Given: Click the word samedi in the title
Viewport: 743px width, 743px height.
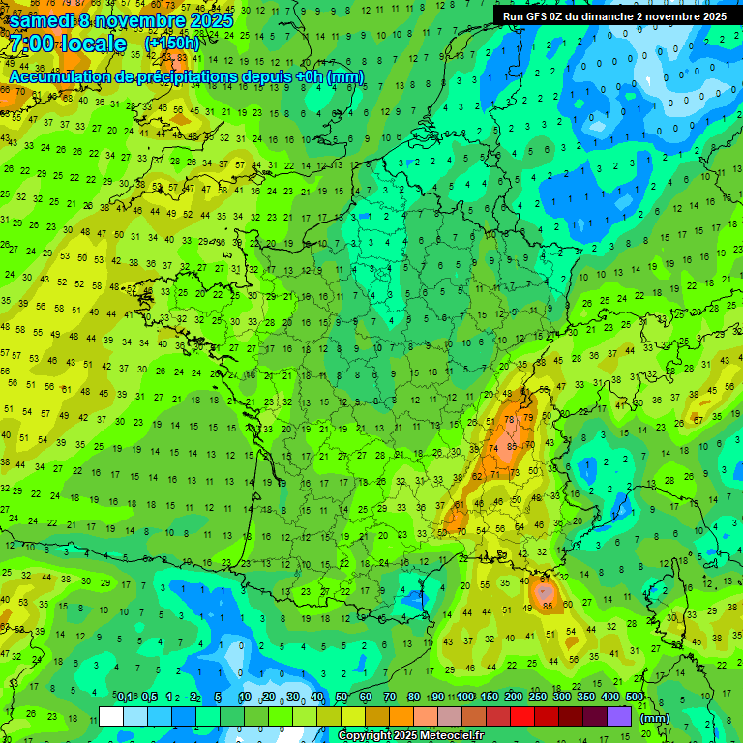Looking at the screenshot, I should point(47,20).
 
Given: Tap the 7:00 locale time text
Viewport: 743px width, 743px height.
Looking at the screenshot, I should point(69,44).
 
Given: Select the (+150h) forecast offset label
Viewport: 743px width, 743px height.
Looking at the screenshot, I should point(172,44).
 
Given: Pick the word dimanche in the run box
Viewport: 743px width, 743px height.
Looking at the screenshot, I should point(612,16).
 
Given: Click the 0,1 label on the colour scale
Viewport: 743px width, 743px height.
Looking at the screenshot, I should point(125,698).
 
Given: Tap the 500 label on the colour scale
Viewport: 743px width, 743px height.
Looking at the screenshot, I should point(635,698).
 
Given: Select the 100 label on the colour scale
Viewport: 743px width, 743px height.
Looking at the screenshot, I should point(465,698).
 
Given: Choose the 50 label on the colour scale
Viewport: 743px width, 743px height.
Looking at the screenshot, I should point(342,698).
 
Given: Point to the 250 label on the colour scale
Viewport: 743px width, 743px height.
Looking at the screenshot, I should point(538,698).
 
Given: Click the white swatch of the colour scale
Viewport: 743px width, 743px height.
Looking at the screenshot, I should point(111,717).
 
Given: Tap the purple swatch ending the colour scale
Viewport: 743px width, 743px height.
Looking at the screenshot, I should point(619,717).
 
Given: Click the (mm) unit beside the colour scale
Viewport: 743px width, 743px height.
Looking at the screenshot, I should point(655,718).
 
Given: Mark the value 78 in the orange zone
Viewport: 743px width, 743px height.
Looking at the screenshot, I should point(511,420).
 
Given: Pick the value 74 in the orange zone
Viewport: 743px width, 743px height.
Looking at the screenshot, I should point(494,449).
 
